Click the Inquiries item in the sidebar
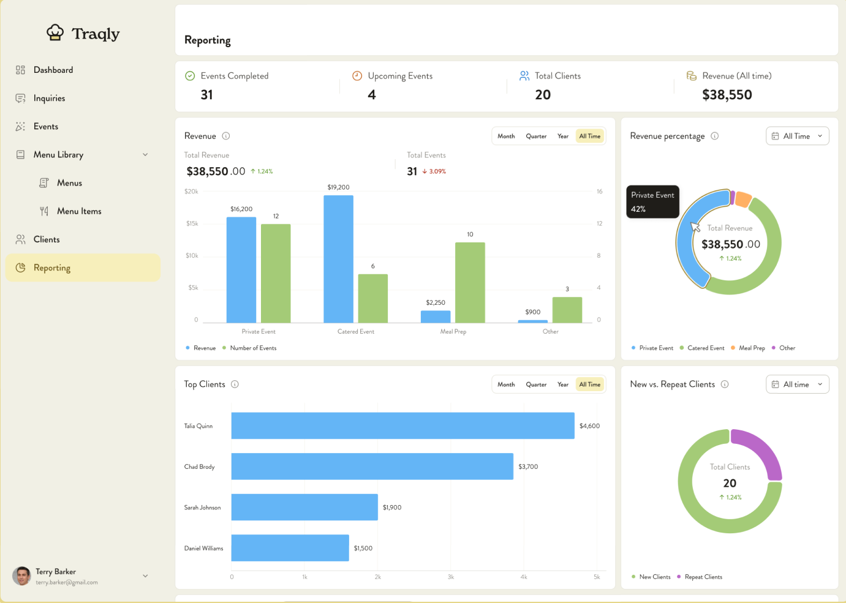coord(49,99)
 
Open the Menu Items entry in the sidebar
coord(79,211)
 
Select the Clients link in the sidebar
coord(47,239)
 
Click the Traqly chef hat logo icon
coord(55,32)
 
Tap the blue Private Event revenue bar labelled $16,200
coord(241,269)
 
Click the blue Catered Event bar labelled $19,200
coord(338,258)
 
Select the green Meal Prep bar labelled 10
coord(470,282)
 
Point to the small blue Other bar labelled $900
coord(532,321)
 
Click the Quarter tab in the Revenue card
coord(536,137)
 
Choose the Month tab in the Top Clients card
coord(506,384)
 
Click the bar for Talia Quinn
coord(402,425)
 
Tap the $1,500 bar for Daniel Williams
coord(290,548)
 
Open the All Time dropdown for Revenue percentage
coord(797,136)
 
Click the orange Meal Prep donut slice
coord(743,199)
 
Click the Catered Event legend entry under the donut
coord(705,348)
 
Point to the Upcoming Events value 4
coord(372,95)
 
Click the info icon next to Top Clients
coord(235,384)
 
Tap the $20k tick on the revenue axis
coord(191,192)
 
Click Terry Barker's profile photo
coord(22,576)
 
